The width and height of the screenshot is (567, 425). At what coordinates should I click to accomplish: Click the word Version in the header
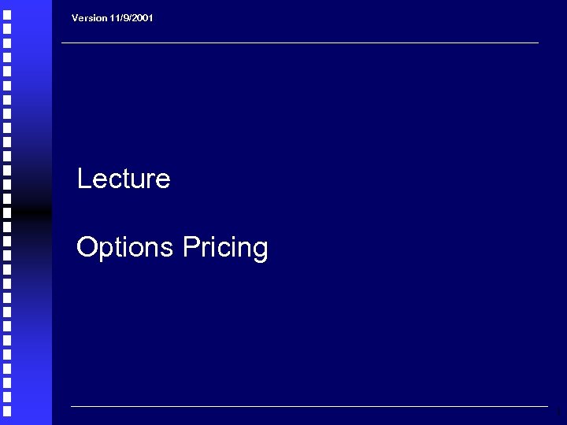[89, 17]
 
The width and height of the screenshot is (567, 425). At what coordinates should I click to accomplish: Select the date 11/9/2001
[131, 17]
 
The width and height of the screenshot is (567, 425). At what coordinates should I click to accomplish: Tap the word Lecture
[124, 179]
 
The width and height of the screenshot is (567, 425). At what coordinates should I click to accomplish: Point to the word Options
[125, 248]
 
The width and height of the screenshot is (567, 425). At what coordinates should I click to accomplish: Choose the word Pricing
[225, 248]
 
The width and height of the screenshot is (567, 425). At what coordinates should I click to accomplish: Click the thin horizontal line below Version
[299, 42]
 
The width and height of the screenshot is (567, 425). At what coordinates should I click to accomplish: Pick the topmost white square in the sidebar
[6, 13]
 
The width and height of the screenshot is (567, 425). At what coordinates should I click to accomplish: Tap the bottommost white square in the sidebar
[6, 411]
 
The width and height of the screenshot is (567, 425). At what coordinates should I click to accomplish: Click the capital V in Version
[75, 17]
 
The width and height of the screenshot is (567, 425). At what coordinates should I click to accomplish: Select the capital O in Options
[86, 248]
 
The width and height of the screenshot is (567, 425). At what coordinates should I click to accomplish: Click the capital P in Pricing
[189, 248]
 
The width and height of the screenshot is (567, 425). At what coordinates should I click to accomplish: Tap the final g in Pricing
[261, 251]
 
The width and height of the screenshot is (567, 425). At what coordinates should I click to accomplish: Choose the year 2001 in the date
[143, 17]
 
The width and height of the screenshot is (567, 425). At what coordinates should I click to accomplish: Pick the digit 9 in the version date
[124, 17]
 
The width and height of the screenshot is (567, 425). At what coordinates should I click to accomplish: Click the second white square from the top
[6, 28]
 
